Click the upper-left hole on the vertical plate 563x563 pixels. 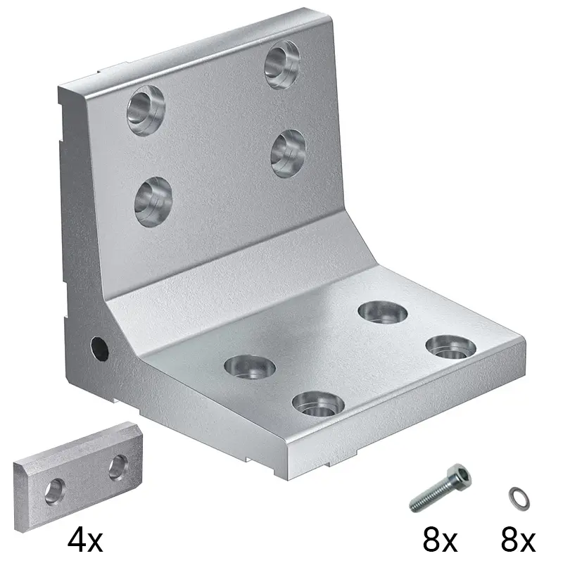tap(146, 110)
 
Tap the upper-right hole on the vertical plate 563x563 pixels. tap(282, 65)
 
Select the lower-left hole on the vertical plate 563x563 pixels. tap(153, 202)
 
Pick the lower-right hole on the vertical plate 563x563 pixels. tap(289, 153)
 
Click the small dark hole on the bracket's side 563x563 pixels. tap(100, 348)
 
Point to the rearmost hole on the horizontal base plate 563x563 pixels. tap(383, 312)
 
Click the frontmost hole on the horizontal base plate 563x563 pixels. tap(319, 403)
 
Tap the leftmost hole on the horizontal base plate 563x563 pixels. tap(250, 367)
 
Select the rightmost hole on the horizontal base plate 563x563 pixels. tap(451, 348)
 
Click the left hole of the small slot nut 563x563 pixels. tap(56, 492)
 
